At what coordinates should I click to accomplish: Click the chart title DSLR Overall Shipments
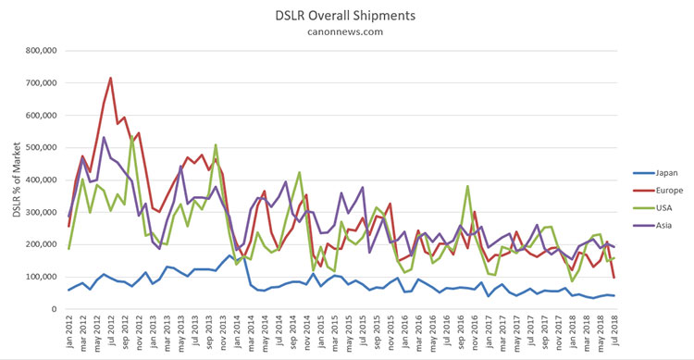345,16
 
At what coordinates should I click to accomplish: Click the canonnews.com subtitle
345,31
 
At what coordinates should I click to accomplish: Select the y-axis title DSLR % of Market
17,180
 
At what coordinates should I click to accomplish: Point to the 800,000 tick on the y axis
41,51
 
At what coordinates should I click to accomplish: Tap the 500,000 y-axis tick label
41,147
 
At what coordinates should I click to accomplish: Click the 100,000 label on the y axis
41,277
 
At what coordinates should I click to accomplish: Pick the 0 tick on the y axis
54,309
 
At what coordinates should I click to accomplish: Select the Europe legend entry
659,191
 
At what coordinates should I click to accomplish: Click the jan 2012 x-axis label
70,331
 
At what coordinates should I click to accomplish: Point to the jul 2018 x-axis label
614,330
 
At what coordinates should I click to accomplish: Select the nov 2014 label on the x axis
307,332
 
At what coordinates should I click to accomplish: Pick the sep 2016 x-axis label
461,332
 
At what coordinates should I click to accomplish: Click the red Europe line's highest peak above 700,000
111,78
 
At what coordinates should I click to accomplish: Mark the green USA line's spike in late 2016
467,186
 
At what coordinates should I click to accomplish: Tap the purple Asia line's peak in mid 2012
104,137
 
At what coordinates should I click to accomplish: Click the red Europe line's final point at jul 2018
614,278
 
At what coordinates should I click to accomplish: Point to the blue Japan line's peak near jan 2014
229,255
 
